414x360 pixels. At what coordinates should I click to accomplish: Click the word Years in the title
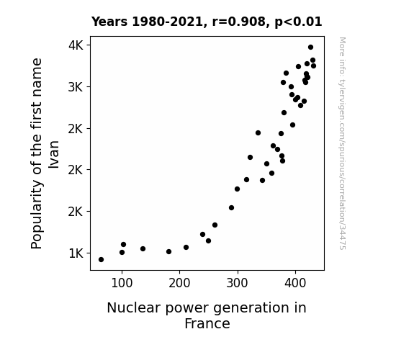109,22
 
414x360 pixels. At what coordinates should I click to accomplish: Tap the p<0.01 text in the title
298,22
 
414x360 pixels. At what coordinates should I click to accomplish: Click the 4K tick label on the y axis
76,45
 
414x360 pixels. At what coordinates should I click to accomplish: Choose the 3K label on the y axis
76,87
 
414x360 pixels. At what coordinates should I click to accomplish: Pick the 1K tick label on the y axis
76,253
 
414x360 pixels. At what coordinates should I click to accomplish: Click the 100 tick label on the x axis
122,283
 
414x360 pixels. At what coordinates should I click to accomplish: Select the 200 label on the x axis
179,283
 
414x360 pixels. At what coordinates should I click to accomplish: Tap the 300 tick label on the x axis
238,283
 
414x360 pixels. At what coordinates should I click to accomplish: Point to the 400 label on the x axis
295,283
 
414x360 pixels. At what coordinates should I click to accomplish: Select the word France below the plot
207,324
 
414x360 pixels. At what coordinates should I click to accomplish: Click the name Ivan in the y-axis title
54,155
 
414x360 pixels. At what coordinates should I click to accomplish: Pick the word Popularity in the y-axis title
37,215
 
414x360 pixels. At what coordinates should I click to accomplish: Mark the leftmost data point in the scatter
101,260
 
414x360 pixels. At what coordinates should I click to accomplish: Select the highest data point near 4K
310,48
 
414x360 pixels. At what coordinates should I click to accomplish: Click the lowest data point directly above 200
186,248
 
